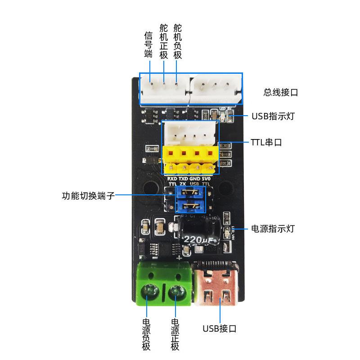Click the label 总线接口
click(x=281, y=93)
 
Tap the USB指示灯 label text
click(x=273, y=117)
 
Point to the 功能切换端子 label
click(x=88, y=196)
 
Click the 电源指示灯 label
click(x=272, y=229)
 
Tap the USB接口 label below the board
click(x=219, y=328)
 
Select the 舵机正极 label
click(x=163, y=40)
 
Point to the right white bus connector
click(x=216, y=88)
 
